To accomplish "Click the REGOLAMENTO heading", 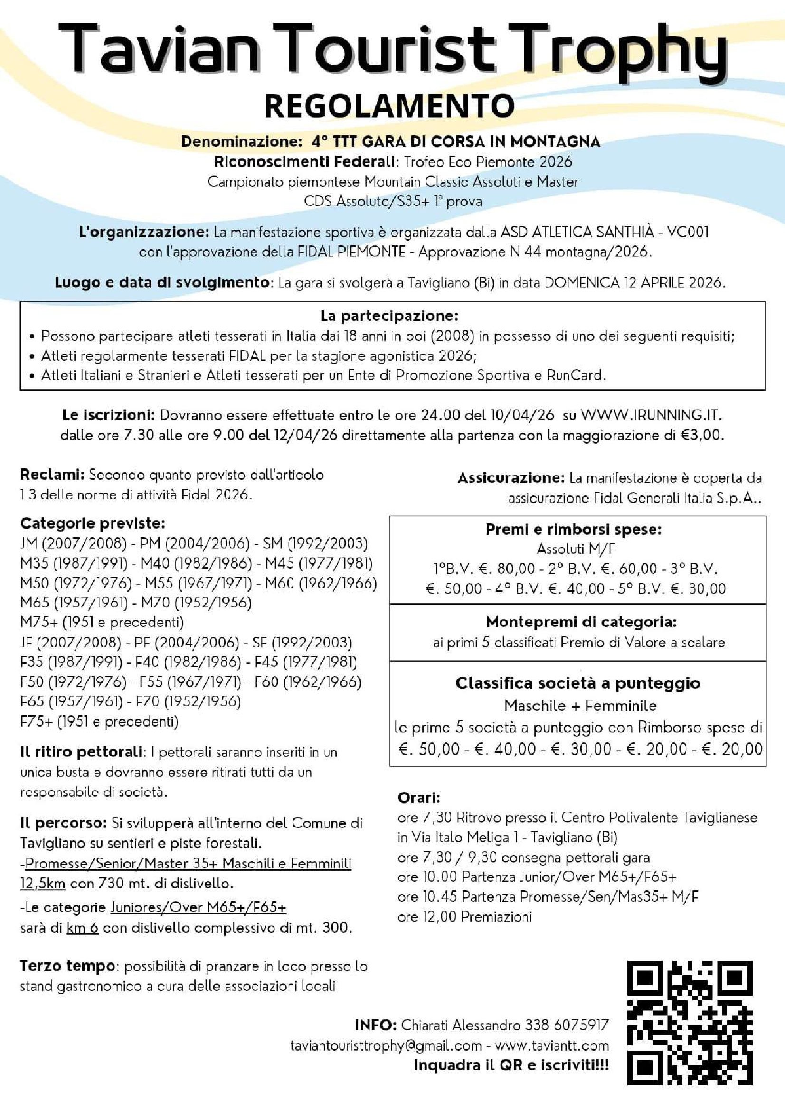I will [x=389, y=106].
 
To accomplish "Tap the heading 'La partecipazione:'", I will [x=389, y=316].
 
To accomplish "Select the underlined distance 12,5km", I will [x=43, y=884].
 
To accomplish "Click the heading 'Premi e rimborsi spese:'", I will [x=574, y=530].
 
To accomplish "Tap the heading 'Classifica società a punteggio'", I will [x=577, y=683].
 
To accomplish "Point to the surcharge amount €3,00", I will [x=701, y=435].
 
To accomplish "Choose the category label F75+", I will [x=36, y=722].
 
